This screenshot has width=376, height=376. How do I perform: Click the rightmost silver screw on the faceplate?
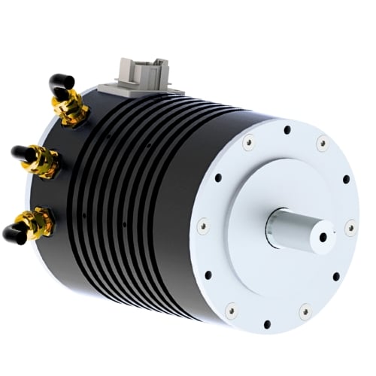click(x=350, y=225)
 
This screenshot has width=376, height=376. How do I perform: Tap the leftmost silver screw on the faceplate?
click(x=202, y=224)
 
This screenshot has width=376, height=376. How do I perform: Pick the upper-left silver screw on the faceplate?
click(x=247, y=139)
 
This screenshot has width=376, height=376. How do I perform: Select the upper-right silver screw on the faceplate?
click(x=323, y=141)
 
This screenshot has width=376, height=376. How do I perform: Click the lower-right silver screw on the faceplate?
click(x=305, y=310)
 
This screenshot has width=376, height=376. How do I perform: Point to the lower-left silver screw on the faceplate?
click(x=231, y=308)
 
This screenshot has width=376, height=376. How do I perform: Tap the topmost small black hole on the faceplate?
click(x=287, y=130)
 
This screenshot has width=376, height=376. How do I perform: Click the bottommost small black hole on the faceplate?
click(x=267, y=324)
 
